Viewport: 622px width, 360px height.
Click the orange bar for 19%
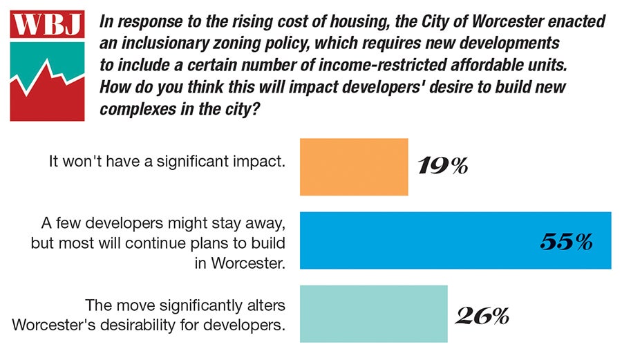(354, 167)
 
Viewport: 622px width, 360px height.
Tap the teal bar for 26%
(373, 314)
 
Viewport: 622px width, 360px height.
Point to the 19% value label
(442, 167)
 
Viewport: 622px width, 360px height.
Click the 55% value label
(565, 241)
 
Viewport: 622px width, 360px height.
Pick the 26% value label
(482, 316)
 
